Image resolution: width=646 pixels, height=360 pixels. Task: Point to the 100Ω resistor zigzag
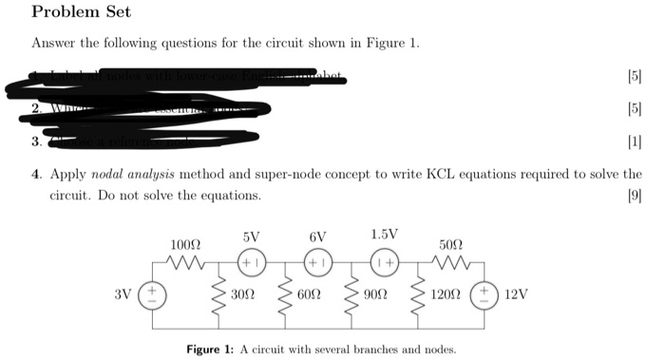(x=181, y=262)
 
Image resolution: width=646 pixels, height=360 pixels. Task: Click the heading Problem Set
(x=81, y=12)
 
